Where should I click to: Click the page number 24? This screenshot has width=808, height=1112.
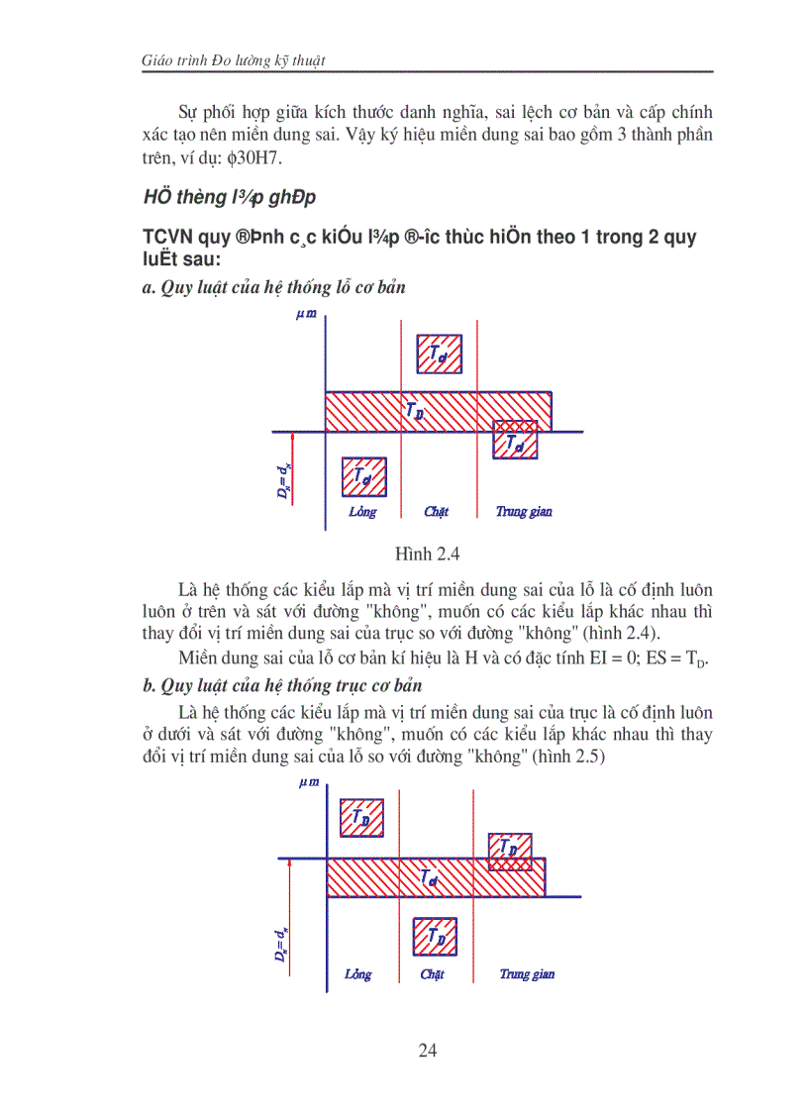(x=427, y=1051)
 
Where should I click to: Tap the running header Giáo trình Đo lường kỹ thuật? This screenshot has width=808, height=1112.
(x=235, y=61)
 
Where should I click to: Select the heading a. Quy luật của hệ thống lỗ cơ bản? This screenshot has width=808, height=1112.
(x=273, y=287)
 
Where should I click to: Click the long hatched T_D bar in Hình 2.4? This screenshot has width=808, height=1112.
(x=439, y=411)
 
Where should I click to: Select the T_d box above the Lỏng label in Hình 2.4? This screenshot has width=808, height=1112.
(x=363, y=476)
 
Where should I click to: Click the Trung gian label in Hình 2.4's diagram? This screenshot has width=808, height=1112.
(x=524, y=512)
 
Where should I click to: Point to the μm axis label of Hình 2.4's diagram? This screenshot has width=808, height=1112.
(x=306, y=314)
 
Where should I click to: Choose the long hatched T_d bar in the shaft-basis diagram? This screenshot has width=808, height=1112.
(x=435, y=877)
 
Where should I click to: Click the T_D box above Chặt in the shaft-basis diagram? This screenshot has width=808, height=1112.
(x=435, y=935)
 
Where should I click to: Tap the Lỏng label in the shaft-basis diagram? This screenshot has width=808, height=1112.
(x=358, y=974)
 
